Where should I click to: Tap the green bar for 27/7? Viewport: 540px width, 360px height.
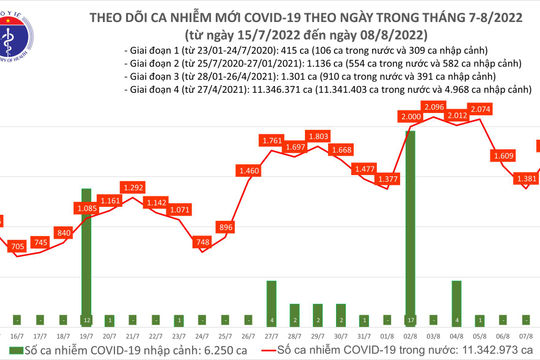[x=270, y=295]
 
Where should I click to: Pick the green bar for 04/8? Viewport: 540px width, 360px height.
[x=455, y=295]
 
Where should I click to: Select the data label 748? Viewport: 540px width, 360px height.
[x=203, y=242]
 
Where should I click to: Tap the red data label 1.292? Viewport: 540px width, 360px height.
[x=132, y=187]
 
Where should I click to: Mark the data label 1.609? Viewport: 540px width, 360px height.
[x=503, y=157]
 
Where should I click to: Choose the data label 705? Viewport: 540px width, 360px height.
[x=16, y=246]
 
